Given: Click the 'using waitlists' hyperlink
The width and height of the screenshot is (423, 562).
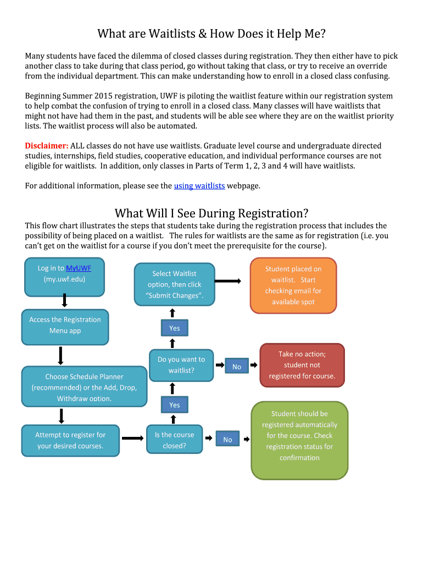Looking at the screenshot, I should point(199,186).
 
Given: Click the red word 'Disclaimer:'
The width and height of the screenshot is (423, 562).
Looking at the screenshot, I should point(47,146).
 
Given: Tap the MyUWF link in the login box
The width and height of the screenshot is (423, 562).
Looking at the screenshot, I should point(79,268).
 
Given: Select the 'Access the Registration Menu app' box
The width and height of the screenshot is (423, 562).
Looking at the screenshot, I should point(65,325).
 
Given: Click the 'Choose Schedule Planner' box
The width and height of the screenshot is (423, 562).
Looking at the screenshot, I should point(84,387).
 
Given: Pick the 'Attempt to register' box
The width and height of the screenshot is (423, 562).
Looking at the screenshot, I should point(70,440).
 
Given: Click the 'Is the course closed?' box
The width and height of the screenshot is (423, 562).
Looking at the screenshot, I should point(174,440).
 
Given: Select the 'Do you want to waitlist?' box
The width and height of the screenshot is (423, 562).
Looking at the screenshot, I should point(181,365).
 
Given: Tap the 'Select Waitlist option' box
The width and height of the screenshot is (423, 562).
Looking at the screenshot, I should point(174,285).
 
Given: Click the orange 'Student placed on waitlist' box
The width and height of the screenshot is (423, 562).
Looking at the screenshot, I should point(293,285).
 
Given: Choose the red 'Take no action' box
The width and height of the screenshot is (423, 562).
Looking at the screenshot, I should point(302,366).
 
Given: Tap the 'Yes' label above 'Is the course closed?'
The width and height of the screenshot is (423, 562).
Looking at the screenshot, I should point(174,405).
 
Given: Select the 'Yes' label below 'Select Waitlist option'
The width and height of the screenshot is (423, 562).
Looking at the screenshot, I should point(174,328).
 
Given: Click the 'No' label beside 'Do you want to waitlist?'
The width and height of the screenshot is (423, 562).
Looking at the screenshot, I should point(237,367).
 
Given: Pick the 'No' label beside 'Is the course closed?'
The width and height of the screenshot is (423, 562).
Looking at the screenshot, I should point(227,440).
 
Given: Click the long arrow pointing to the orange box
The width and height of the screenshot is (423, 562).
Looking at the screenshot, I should point(227,281).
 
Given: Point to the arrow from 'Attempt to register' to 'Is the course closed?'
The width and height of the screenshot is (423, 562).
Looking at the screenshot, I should point(132,439).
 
